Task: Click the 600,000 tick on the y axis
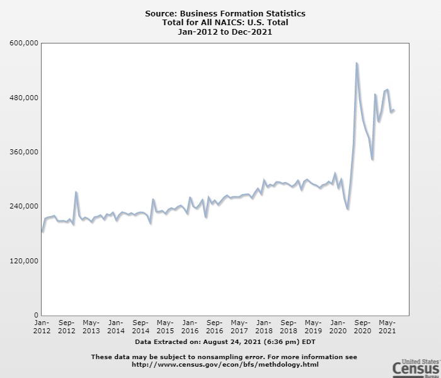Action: tap(25, 43)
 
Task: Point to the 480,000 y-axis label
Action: tap(25, 98)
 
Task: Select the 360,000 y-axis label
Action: tap(25, 152)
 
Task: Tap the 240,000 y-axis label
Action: tap(25, 206)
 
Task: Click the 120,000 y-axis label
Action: tap(25, 261)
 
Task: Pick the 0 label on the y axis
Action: tap(36, 315)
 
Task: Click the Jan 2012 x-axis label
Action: tap(42, 326)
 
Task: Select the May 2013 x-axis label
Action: tap(91, 326)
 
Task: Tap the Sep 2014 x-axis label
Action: tap(140, 326)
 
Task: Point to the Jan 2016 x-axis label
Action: tap(190, 326)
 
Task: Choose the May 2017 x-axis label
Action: tap(239, 326)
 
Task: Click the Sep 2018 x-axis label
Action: tap(289, 326)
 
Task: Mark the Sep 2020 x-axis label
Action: tap(362, 326)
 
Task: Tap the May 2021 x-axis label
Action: tap(387, 326)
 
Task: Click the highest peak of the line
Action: tap(357, 63)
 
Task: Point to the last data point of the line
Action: tap(394, 111)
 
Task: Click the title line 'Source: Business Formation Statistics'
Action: tap(226, 13)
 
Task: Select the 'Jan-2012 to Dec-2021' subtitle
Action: tap(226, 32)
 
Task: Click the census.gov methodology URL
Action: tap(225, 364)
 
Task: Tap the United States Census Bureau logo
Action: tap(415, 367)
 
